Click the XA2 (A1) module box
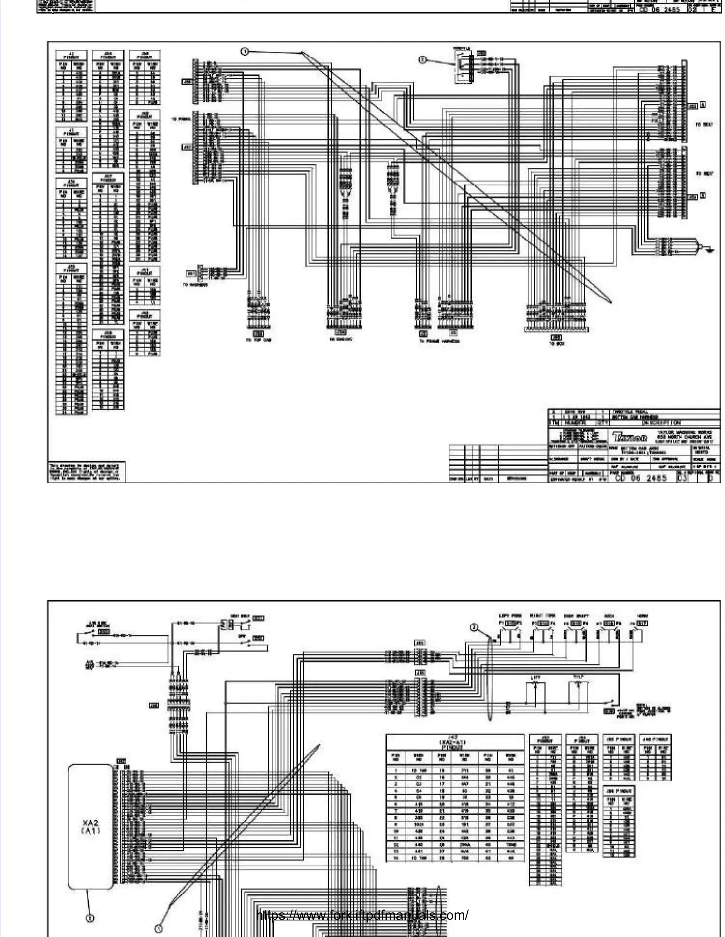coord(91,826)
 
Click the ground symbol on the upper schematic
coord(709,250)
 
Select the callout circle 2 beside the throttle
coord(422,59)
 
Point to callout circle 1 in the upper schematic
coord(245,51)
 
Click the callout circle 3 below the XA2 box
coord(90,917)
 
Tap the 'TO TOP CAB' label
coord(259,341)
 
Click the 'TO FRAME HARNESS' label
coord(439,341)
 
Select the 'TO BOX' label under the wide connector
coord(556,344)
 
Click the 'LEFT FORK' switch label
coord(509,616)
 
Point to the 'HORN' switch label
coord(642,616)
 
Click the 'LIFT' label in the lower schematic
coord(535,678)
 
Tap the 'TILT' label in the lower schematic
coord(579,677)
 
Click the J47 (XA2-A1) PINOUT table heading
coord(455,742)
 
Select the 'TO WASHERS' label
coord(195,285)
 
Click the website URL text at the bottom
coord(362,915)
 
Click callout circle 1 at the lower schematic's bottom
coord(158,928)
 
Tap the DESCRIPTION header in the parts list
coord(660,422)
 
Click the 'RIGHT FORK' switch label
coord(542,616)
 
